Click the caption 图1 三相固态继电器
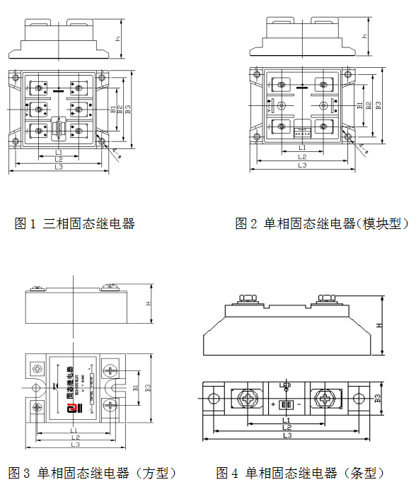(75, 224)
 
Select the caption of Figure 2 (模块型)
(322, 224)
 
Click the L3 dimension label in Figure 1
(59, 168)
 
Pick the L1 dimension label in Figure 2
(302, 148)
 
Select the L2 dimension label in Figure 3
(74, 438)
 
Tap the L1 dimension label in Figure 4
(287, 420)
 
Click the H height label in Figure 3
(149, 304)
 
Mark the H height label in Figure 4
(380, 325)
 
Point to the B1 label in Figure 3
(136, 387)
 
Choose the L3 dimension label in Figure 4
(287, 436)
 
